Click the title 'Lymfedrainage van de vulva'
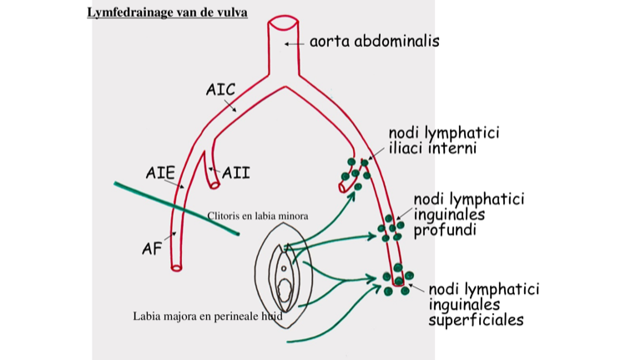point(167,13)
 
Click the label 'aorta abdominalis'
point(374,40)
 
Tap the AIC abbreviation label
point(220,89)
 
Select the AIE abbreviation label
point(160,173)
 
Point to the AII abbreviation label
point(235,174)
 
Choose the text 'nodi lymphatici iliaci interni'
point(443,140)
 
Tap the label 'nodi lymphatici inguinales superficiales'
point(483,304)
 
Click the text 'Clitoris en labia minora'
point(258,216)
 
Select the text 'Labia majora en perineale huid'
point(208,317)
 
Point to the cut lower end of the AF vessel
point(176,268)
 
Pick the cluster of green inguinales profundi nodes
point(390,227)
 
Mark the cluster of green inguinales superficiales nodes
point(397,280)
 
